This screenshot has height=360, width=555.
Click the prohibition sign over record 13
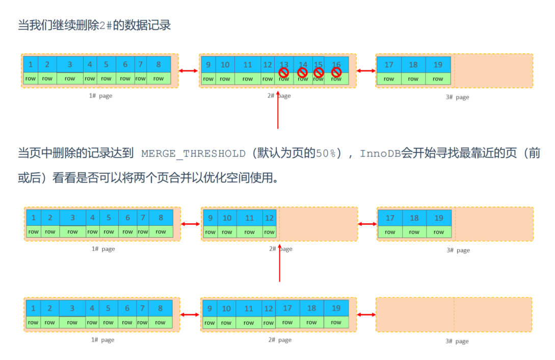(x=284, y=72)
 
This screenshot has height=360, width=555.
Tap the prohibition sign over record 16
(x=336, y=72)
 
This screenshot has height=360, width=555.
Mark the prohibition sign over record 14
(x=303, y=72)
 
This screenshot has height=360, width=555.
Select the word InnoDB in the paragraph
(x=380, y=153)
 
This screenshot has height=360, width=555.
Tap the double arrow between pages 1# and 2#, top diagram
(x=189, y=71)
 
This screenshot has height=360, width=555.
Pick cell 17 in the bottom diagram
(x=287, y=308)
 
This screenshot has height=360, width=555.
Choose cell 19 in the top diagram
(x=438, y=65)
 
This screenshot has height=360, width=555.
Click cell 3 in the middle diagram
(x=72, y=218)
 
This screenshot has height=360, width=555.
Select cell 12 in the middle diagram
(x=270, y=218)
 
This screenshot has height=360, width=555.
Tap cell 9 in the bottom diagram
(x=209, y=308)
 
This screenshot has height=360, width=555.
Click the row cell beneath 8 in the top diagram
(x=158, y=79)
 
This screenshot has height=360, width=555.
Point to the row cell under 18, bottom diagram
(x=311, y=322)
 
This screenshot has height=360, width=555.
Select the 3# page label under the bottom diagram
(x=457, y=341)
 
